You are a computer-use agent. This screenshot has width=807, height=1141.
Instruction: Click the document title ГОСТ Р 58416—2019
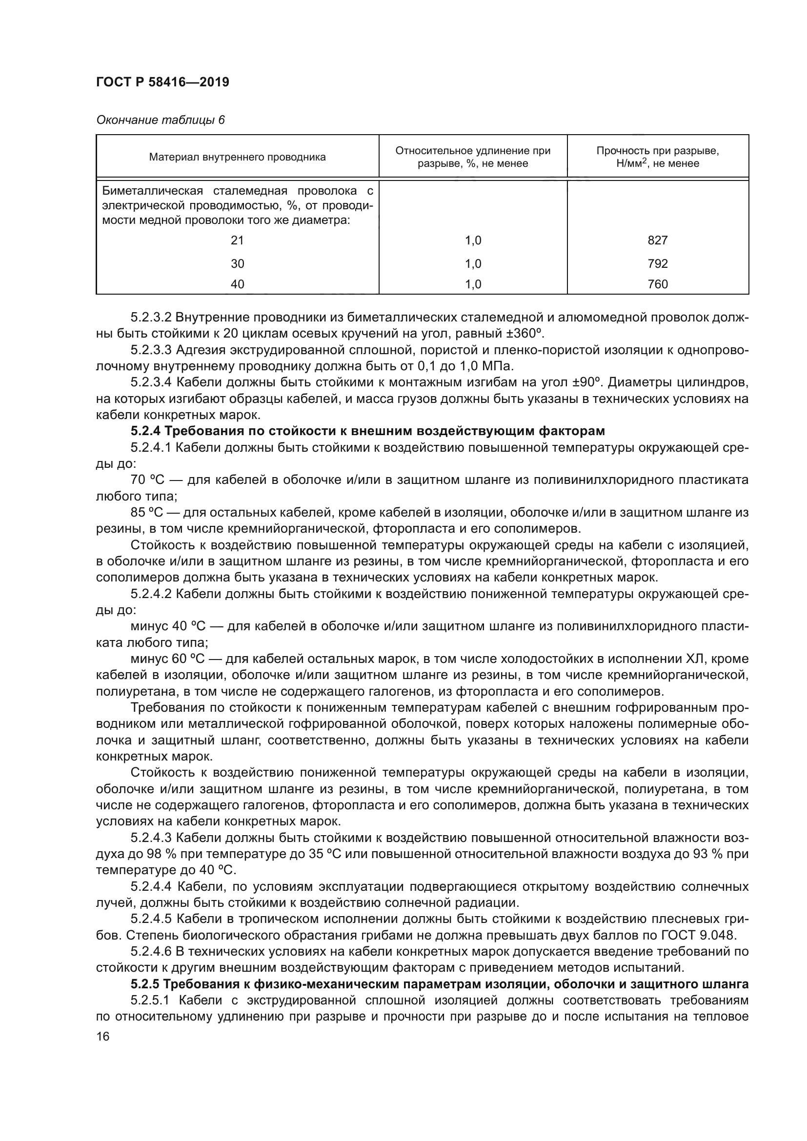click(x=162, y=82)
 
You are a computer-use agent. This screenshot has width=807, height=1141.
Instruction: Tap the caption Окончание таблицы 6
click(x=160, y=120)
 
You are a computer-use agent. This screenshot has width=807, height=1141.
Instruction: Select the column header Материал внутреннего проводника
click(x=238, y=157)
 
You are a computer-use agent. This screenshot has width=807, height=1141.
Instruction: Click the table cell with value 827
click(x=657, y=240)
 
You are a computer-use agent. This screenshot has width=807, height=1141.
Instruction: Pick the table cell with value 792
click(x=657, y=263)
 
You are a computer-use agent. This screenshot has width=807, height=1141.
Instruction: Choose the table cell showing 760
click(x=657, y=284)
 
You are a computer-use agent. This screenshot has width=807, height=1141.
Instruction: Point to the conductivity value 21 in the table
click(x=238, y=240)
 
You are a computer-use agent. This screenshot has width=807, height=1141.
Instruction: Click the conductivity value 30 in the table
click(x=238, y=263)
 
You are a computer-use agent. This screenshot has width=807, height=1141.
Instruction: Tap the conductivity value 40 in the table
click(x=238, y=284)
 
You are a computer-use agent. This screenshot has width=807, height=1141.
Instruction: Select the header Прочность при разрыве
click(x=657, y=151)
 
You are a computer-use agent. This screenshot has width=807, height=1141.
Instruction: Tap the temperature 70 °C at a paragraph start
click(x=143, y=480)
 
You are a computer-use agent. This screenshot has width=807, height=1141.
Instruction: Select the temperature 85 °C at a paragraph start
click(x=143, y=512)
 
